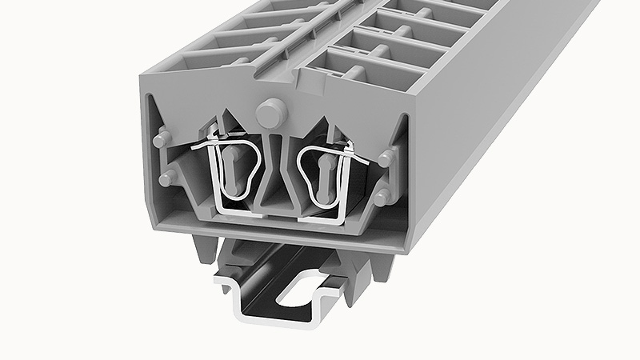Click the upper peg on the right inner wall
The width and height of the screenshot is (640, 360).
click(x=386, y=157)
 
